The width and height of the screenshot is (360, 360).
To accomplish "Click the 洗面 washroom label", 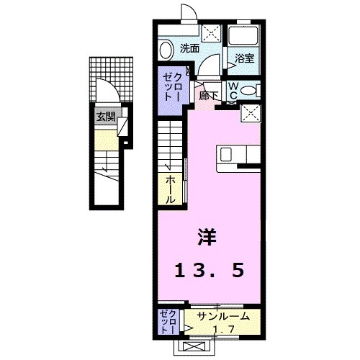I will tap(190, 49).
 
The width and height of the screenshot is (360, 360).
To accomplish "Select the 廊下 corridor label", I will tap(208, 94).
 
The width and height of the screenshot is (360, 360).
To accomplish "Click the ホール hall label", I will tap(171, 189).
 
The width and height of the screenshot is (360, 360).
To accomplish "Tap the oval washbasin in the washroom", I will tap(165, 51).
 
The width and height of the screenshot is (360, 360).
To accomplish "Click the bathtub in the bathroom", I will tap(243, 40).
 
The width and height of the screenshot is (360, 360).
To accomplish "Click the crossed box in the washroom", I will tap(211, 32).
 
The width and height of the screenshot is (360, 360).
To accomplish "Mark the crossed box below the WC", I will tap(251, 113).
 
